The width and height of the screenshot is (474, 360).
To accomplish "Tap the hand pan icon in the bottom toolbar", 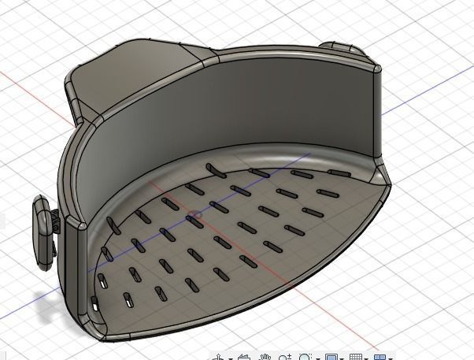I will (266, 356).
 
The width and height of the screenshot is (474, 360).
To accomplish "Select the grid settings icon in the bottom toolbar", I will (356, 357).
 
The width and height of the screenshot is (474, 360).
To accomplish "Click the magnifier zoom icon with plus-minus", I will (306, 356).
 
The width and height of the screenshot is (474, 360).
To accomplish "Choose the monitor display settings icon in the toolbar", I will (331, 357).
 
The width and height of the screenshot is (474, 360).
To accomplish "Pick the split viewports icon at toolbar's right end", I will (381, 357).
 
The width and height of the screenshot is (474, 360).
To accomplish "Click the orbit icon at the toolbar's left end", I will (220, 357).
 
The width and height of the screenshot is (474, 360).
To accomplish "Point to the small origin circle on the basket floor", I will (197, 213).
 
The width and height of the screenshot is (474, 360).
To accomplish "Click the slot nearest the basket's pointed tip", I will (339, 173).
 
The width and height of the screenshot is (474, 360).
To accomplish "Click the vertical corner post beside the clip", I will (78, 268).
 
